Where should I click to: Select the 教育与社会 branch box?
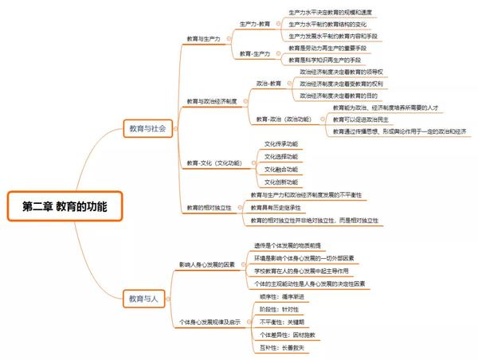147,127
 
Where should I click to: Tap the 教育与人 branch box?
144,299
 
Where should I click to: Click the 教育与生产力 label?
204,38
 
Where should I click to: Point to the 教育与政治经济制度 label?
212,101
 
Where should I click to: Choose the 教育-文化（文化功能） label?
214,162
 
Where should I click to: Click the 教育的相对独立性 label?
210,207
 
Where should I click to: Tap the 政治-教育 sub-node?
268,83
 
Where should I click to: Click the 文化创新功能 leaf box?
281,182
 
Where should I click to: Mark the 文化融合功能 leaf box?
281,169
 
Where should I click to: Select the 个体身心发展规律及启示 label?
210,321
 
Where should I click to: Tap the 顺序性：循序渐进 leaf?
284,295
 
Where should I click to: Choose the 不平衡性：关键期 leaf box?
283,322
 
